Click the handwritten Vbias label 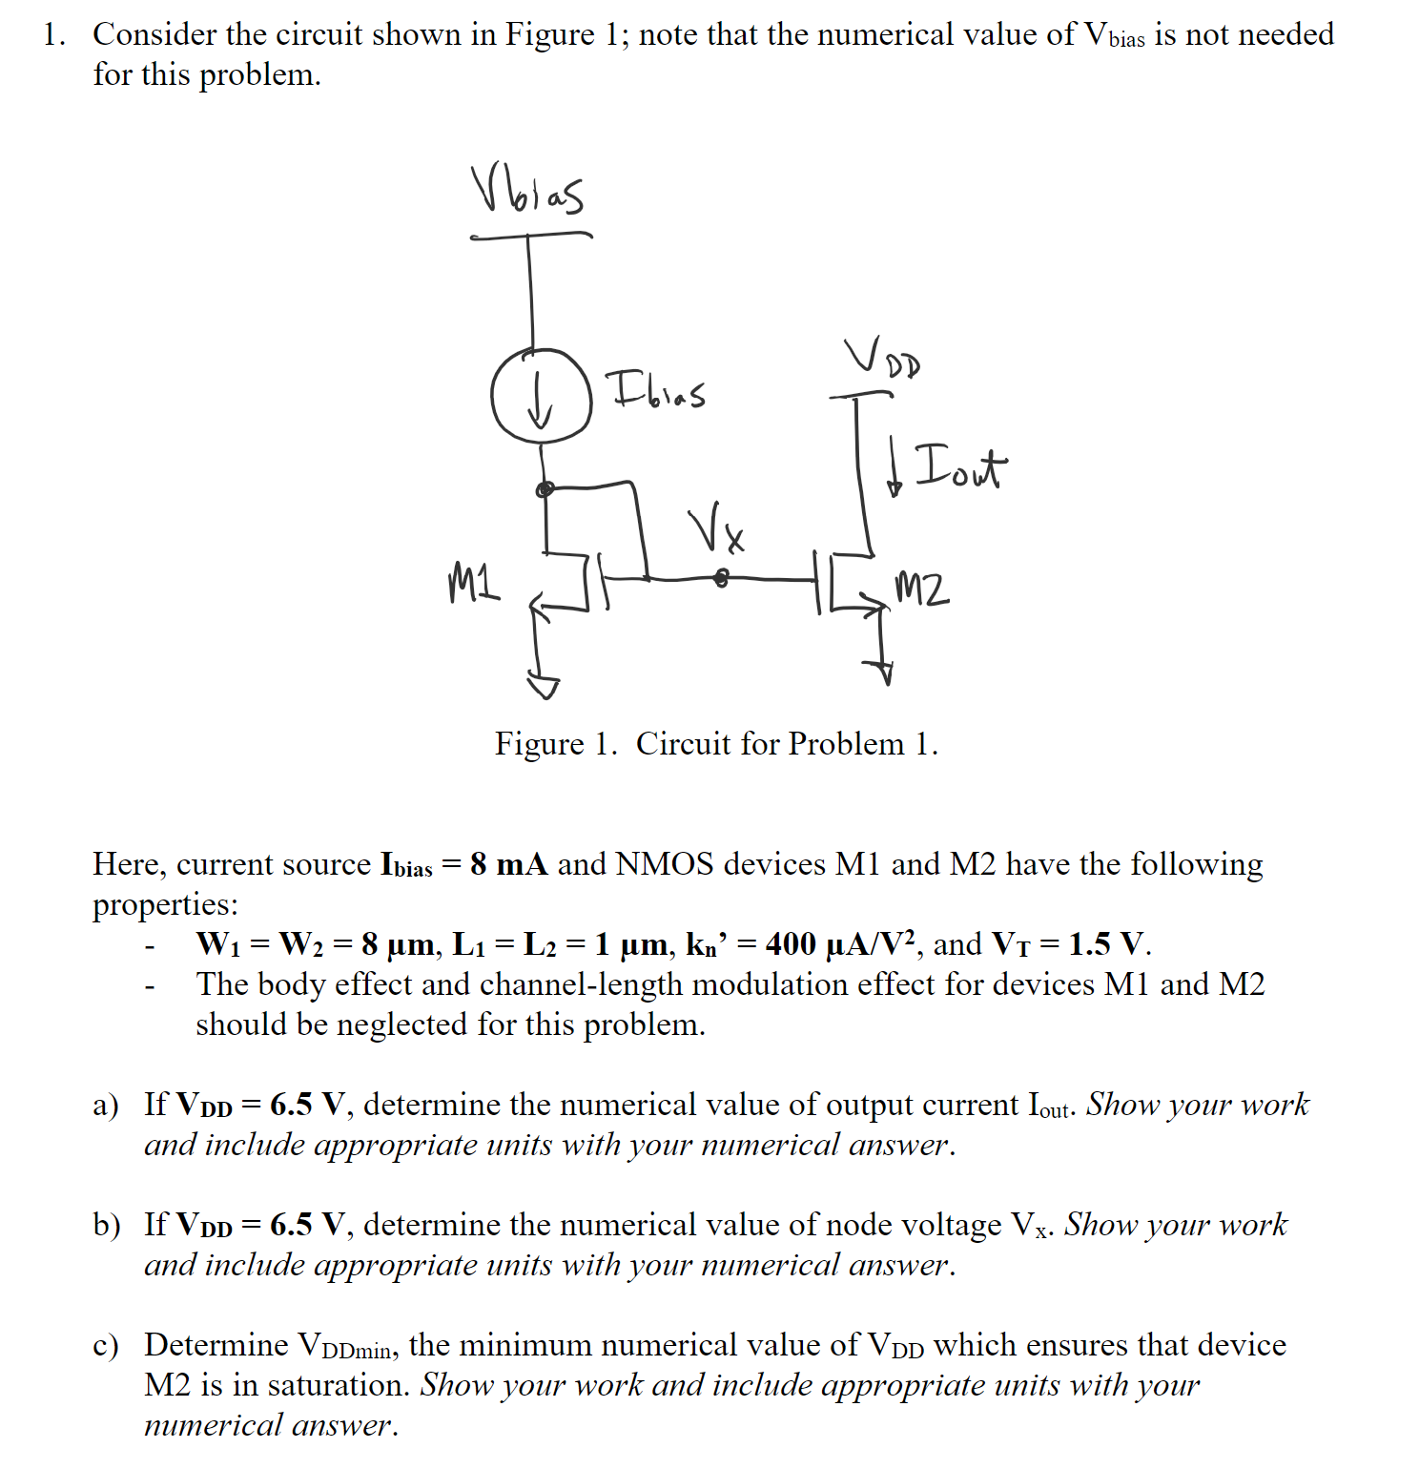coord(527,191)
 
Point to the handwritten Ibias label coord(658,389)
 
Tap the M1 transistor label coord(473,583)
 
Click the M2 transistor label coord(922,590)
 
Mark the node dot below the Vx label coord(722,578)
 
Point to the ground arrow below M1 coord(544,683)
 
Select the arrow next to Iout coord(894,469)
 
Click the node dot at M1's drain coord(545,490)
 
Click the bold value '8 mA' coord(508,864)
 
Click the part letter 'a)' coord(106,1106)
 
